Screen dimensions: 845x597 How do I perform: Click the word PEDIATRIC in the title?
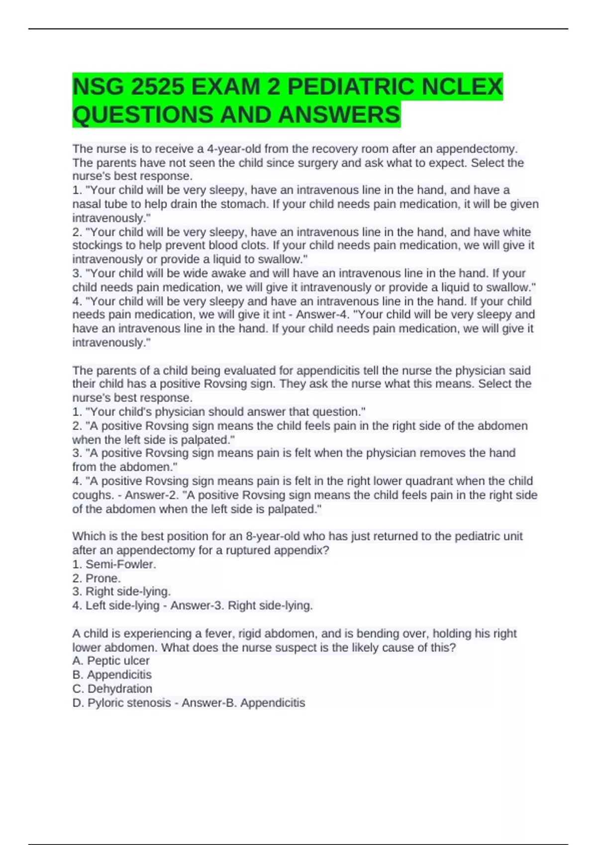click(351, 87)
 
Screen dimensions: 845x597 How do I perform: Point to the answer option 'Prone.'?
click(103, 578)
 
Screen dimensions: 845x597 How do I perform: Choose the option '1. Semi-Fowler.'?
click(114, 564)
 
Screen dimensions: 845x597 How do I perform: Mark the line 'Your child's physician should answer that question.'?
click(219, 412)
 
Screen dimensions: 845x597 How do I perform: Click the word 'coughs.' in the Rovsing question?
click(93, 495)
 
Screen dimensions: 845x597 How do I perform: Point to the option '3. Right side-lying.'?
click(121, 591)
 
